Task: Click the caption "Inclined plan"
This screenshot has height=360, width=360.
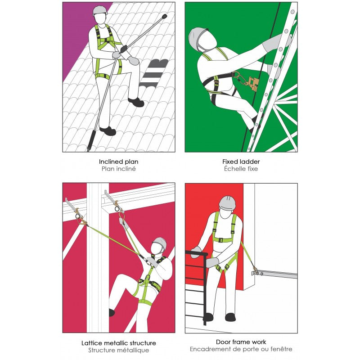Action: (x=118, y=162)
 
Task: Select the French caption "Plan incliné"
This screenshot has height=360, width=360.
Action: (x=119, y=169)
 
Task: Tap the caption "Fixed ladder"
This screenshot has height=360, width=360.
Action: (x=241, y=162)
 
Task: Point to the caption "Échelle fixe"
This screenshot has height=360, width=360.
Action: (x=241, y=169)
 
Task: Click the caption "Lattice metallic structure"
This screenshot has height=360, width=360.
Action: (x=119, y=343)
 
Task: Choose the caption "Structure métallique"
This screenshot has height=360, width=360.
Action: (x=119, y=350)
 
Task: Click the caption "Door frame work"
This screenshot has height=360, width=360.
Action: (x=241, y=342)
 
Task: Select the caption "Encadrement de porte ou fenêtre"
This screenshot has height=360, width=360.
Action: (x=241, y=349)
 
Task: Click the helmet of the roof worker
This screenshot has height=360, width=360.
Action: (x=100, y=10)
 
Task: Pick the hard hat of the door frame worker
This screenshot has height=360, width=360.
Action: (x=227, y=202)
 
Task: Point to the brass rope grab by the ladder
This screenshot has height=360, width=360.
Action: (x=253, y=84)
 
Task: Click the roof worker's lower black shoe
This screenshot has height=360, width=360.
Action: (x=108, y=131)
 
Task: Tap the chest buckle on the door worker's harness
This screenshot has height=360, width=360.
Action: (x=221, y=240)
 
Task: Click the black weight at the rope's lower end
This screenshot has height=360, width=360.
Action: (x=91, y=140)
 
